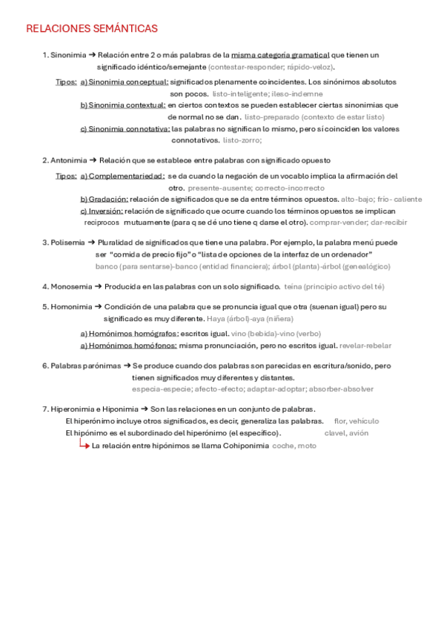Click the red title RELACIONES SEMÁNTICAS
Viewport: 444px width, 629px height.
(92, 29)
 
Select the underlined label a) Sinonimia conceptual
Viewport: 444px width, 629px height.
(125, 82)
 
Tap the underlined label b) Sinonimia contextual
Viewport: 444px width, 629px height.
(123, 105)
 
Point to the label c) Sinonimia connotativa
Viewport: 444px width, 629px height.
(125, 128)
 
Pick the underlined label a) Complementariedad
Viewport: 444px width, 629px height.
(122, 177)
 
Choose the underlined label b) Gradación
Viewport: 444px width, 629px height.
(105, 200)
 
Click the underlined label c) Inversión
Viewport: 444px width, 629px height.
(102, 211)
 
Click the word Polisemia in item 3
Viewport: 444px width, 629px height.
(67, 243)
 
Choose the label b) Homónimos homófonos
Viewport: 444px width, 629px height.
(129, 345)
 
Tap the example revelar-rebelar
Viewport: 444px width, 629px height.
(365, 345)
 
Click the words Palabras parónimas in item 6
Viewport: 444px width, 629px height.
(85, 366)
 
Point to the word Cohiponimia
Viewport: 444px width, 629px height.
(245, 446)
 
